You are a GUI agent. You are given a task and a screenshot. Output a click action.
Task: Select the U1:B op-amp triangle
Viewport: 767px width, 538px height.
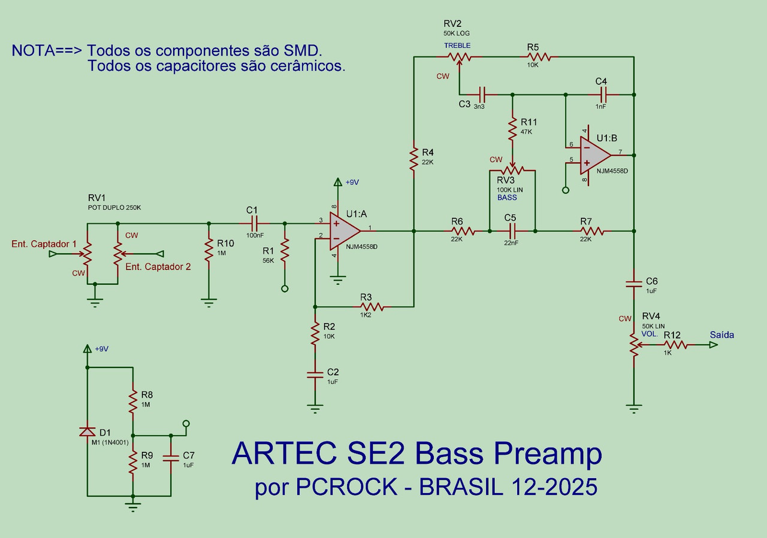tap(593, 154)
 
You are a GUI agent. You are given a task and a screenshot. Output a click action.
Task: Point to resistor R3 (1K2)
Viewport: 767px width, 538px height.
tap(372, 307)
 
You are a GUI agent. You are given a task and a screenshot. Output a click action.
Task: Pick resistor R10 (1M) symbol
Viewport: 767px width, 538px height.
tap(209, 251)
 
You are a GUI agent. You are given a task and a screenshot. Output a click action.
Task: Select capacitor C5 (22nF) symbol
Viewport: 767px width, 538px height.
tap(512, 230)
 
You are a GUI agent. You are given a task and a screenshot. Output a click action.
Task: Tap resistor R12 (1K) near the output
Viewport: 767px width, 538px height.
tap(675, 345)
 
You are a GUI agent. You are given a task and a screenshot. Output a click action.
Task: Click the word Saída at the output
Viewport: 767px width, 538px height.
tap(721, 335)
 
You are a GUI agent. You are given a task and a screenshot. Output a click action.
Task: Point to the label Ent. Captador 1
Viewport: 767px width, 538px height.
tap(44, 244)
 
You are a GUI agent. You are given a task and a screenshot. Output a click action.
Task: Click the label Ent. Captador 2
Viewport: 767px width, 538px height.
tap(158, 267)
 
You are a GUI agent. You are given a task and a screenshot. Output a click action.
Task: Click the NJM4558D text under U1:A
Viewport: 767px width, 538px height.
tap(361, 247)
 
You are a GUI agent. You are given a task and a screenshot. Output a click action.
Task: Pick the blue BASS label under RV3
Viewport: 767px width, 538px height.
tap(507, 197)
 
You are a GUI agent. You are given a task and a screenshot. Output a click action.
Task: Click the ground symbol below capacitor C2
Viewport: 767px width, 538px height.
tap(314, 409)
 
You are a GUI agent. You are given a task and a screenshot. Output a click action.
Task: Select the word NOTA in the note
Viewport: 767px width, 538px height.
tap(33, 50)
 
